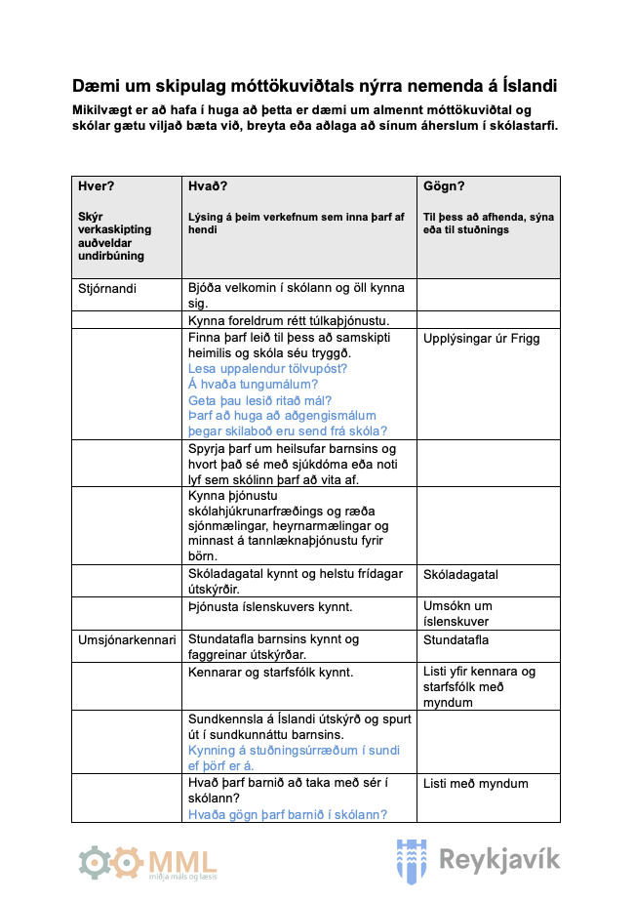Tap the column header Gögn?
coord(444,185)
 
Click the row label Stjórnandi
coord(107,289)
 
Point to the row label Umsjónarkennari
coord(127,640)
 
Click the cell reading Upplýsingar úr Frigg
coord(481,339)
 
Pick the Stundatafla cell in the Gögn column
coord(456,640)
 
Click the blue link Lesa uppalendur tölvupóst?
coord(267,369)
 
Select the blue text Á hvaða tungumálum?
coord(253,385)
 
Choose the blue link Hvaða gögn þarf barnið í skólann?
coord(288,814)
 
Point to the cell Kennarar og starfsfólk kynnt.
coord(270,672)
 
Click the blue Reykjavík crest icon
coord(412,860)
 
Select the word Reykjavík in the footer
coord(499,860)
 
